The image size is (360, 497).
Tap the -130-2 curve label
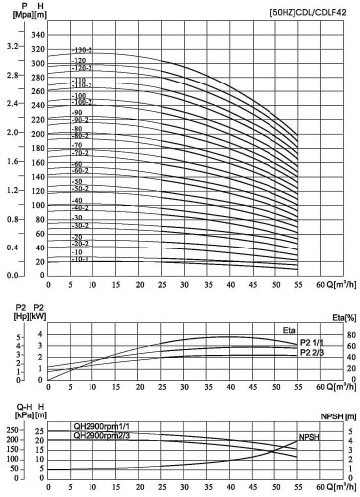(82, 50)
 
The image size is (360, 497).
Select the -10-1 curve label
(81, 259)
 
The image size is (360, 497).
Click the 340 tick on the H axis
(39, 35)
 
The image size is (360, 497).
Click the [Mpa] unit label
(12, 18)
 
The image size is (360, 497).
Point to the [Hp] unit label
(11, 317)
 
